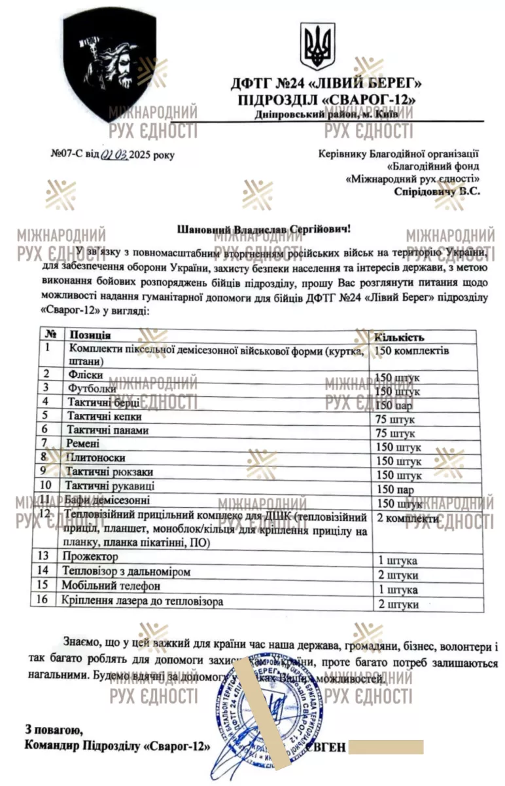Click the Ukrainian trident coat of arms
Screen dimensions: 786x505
pos(317,48)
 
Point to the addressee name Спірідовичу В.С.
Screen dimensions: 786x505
pos(437,192)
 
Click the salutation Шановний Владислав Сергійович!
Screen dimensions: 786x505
pos(264,229)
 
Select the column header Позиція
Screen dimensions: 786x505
pos(90,335)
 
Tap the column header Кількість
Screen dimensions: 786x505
pos(398,337)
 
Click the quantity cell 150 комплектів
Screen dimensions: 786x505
pos(411,351)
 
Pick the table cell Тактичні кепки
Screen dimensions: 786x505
pos(104,416)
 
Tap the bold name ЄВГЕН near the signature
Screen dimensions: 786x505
pos(322,747)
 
